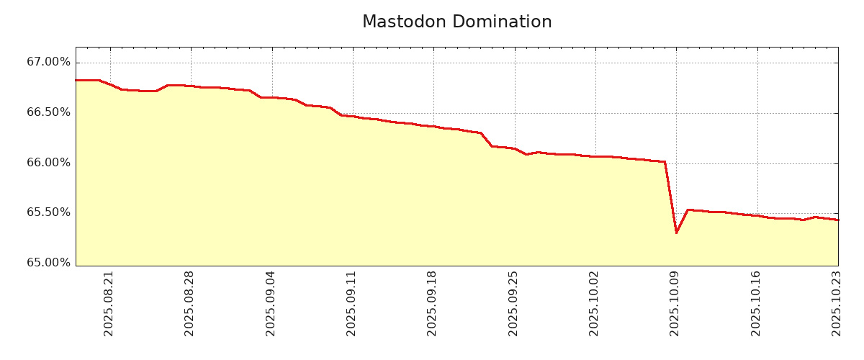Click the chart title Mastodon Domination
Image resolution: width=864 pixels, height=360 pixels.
click(x=456, y=22)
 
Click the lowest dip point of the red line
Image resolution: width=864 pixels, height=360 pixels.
click(x=676, y=233)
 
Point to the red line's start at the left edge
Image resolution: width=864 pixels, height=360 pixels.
click(x=76, y=80)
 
